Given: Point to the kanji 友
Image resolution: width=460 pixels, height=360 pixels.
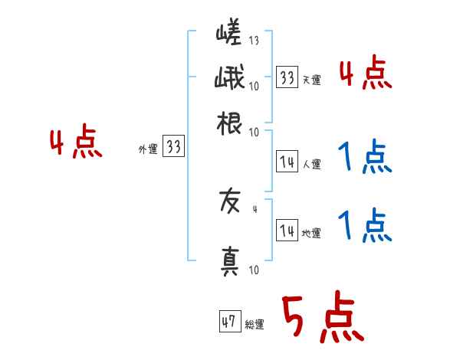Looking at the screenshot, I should pos(230,202).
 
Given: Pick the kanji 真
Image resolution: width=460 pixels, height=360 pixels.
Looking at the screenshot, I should pos(230,260).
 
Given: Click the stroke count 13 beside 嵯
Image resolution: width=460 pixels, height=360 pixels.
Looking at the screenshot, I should pos(254,40).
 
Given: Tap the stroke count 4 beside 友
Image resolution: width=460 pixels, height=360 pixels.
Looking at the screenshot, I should pos(255,208).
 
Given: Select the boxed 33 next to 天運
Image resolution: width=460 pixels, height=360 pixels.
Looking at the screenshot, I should pos(287,77).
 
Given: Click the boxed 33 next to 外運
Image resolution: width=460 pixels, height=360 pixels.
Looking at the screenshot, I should pos(174,148).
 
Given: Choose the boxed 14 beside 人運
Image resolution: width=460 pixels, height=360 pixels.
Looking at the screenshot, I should pos(287,162).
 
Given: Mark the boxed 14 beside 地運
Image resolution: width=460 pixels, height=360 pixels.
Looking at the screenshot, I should pos(287,231).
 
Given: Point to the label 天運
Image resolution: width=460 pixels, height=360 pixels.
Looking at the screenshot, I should pos(311,80).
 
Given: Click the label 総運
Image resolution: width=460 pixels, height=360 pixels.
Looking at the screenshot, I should pos(255,324).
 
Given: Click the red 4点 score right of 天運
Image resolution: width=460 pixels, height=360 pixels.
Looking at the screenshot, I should pos(365,74).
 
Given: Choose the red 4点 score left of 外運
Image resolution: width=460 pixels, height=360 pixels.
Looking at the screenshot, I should pos(76,143).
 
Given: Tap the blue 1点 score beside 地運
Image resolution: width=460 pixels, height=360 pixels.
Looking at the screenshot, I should pos(365,227).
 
